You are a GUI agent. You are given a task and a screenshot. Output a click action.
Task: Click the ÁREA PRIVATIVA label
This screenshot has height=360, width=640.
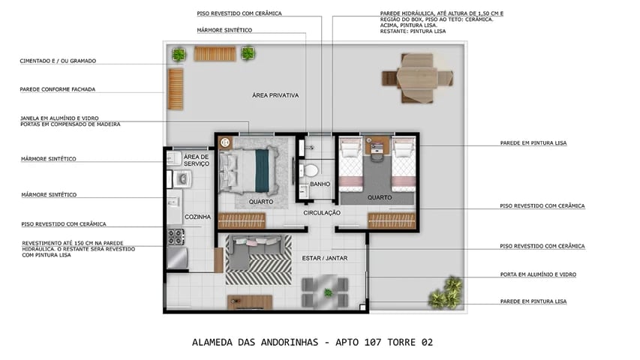[x=275, y=95]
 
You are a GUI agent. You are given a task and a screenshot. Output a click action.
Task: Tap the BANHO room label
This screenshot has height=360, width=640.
[x=320, y=184]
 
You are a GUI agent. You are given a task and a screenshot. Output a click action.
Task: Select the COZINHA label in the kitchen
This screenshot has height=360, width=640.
[x=198, y=217]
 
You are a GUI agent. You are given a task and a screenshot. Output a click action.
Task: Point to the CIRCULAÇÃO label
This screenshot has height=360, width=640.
[x=322, y=213]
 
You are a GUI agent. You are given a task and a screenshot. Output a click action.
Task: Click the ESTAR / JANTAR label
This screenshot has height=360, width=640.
[x=320, y=259]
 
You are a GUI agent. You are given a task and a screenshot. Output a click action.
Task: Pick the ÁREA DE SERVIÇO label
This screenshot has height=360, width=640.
[x=196, y=160]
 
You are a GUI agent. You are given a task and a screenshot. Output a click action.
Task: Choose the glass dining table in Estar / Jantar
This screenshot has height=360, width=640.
[x=324, y=292]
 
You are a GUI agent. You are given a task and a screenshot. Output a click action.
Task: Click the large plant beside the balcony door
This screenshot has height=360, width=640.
[x=446, y=292]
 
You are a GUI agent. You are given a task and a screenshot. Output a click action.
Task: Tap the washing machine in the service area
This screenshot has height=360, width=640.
[x=182, y=178]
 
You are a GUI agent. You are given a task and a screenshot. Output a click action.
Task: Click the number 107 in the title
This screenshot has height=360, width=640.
[x=360, y=342]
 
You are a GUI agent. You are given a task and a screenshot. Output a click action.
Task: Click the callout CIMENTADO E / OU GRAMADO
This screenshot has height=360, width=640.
[x=58, y=61]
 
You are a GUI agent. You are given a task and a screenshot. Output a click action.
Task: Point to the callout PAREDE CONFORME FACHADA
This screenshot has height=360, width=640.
[x=57, y=89]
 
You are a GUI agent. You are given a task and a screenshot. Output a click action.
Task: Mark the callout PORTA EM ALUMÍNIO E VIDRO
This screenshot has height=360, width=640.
[x=537, y=274]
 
